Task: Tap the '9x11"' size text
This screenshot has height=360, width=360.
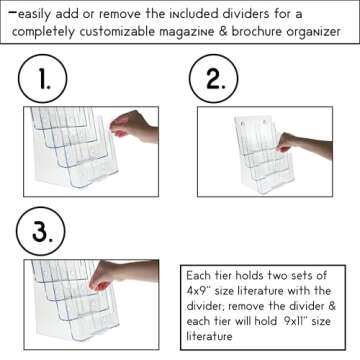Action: (x=301, y=324)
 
